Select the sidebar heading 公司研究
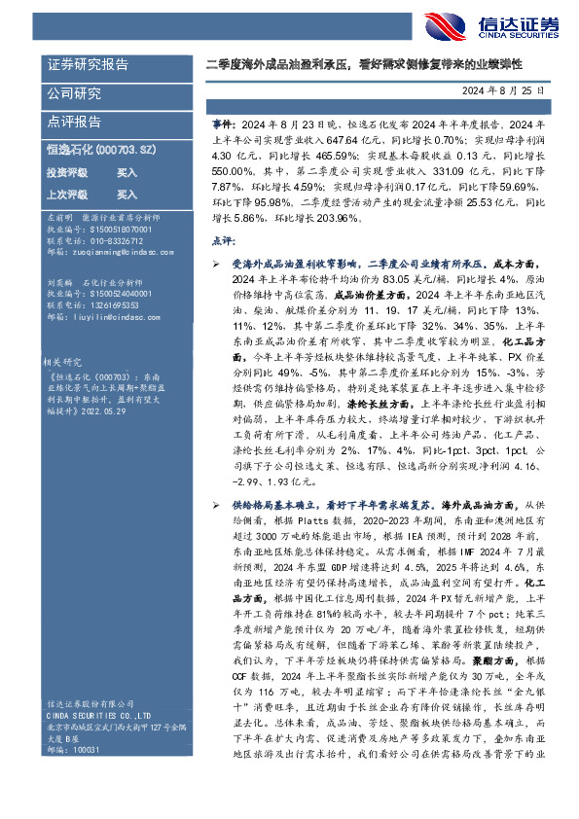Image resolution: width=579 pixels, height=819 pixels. point(74,93)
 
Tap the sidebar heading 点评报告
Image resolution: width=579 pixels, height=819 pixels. point(74,122)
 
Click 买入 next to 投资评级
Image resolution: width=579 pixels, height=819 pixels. point(127,171)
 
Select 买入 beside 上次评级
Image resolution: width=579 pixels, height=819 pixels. point(127,195)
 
